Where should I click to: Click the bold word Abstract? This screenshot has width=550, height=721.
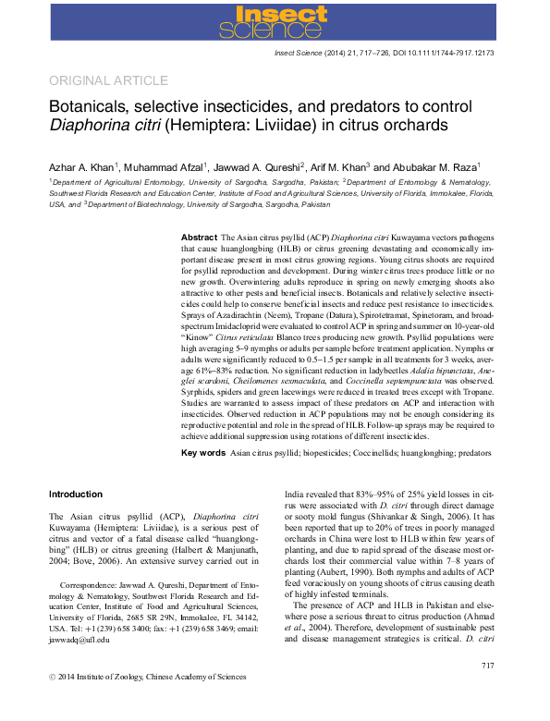click(199, 238)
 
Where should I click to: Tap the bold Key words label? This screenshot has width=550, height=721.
click(202, 453)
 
